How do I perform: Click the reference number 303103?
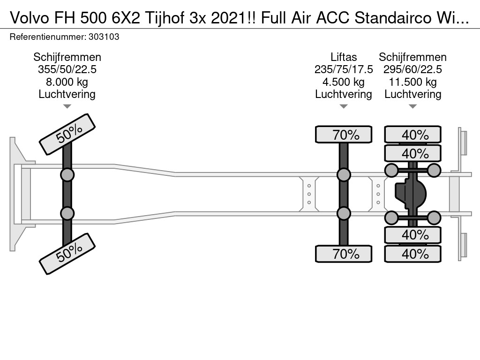(104, 37)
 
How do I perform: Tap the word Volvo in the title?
(29, 18)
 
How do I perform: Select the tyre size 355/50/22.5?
(67, 69)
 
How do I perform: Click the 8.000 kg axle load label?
(67, 82)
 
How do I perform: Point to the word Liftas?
(344, 57)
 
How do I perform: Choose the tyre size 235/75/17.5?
(344, 69)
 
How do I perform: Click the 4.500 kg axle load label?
(344, 82)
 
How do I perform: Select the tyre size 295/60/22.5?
(412, 69)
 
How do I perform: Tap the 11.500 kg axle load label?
(412, 82)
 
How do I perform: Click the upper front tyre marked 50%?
(67, 135)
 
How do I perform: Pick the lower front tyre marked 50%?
(67, 254)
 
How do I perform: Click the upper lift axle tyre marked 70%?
(344, 135)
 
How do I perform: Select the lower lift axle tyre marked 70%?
(344, 254)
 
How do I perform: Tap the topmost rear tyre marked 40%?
(412, 135)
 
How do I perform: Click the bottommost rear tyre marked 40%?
(412, 254)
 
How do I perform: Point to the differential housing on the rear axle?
(411, 194)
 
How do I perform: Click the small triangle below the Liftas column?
(344, 106)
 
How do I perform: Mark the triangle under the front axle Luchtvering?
(67, 106)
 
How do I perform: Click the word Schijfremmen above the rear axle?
(412, 57)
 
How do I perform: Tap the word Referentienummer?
(48, 37)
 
